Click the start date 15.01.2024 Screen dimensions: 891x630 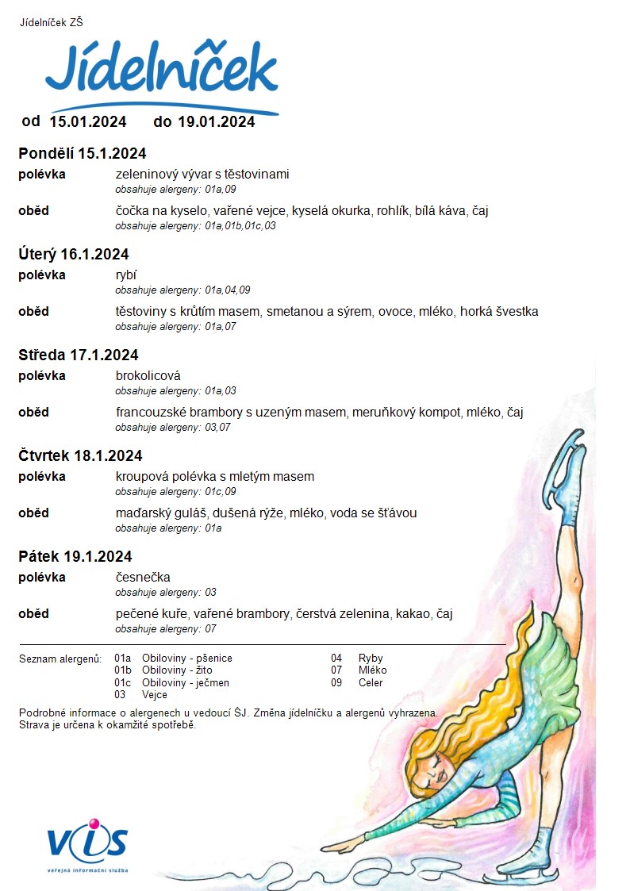[x=88, y=121]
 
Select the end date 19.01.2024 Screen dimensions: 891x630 [x=216, y=121]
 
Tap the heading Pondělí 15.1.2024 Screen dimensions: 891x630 [x=83, y=154]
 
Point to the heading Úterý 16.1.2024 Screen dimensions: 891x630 [x=74, y=255]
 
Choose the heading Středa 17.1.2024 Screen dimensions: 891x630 [x=78, y=355]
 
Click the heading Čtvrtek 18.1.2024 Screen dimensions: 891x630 [x=80, y=455]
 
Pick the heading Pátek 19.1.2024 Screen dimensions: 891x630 [x=75, y=556]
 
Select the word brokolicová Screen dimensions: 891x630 [x=148, y=376]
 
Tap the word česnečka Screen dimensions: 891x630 [x=143, y=577]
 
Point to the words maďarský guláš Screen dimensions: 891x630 [x=155, y=513]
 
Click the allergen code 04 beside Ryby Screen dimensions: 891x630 [x=336, y=659]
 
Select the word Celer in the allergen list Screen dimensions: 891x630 [x=371, y=683]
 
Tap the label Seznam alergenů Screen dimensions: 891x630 [x=60, y=659]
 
